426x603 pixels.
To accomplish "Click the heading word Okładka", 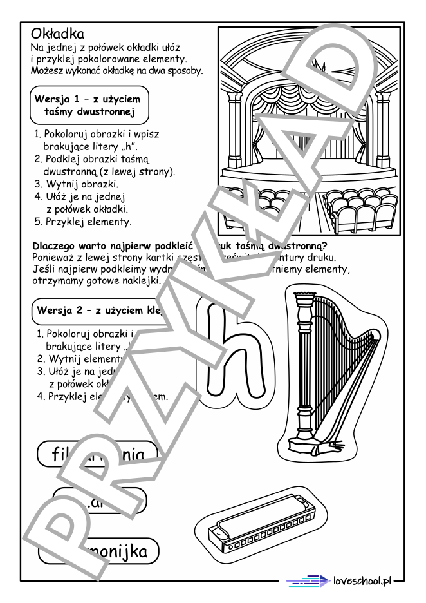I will tap(58, 33).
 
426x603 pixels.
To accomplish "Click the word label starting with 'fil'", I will tap(97, 454).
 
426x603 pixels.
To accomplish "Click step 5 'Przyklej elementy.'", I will tap(84, 222).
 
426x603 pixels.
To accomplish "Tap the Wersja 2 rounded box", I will tap(97, 311).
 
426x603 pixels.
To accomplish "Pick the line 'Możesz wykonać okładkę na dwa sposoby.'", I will tap(116, 70).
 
